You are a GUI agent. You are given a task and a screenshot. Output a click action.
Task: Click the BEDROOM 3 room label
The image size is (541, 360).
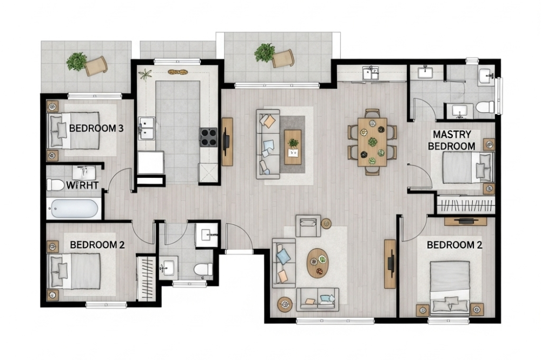point(96,128)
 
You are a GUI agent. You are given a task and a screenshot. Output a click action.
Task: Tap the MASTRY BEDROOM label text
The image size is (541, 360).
point(452,140)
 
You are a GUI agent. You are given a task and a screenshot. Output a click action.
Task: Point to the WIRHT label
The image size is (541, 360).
point(82,185)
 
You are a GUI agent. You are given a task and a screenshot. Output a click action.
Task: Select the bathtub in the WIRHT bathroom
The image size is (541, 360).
point(74,209)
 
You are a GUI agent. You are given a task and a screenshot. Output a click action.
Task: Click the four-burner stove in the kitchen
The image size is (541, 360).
point(208,137)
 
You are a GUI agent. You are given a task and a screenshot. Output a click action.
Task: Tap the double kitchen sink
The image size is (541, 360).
point(147,128)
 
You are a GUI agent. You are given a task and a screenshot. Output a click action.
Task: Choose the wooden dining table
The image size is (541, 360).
point(372,142)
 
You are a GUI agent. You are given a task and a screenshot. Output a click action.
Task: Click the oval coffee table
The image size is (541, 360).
point(318,263)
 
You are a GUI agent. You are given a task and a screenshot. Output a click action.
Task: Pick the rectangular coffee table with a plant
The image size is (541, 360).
point(293,147)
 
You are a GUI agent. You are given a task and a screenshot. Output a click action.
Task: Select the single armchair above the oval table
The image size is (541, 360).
point(308,225)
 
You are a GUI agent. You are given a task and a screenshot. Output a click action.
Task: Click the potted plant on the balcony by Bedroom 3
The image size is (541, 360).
point(77,62)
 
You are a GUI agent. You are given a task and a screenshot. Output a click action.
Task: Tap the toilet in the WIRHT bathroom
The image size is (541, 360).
point(56,185)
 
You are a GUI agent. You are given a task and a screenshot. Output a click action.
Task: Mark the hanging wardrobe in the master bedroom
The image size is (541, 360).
point(466,204)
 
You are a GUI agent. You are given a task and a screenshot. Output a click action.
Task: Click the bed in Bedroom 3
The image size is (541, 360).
point(74,131)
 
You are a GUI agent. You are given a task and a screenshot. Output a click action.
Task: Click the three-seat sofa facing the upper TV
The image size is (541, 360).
point(268,144)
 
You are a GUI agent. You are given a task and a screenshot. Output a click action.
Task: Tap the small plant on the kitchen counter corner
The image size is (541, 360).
point(145,74)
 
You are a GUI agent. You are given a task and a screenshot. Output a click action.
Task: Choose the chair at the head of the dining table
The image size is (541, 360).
point(372,113)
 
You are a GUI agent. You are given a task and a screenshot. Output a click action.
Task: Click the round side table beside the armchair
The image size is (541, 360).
point(326,223)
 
